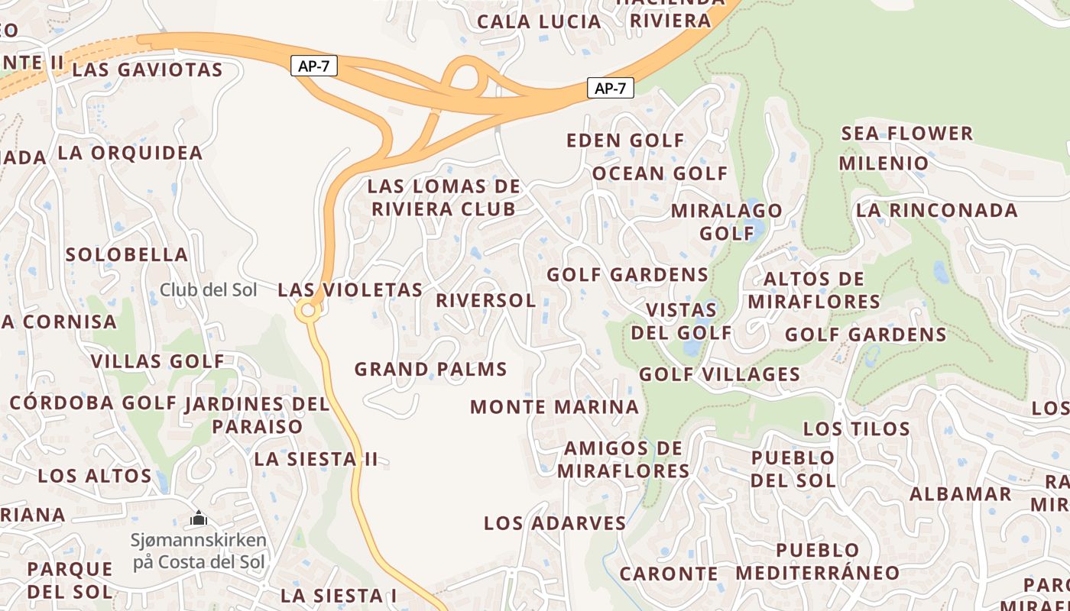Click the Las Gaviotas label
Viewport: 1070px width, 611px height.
click(x=147, y=70)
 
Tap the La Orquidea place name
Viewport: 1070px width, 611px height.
click(x=130, y=153)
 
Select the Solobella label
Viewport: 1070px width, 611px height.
click(x=127, y=254)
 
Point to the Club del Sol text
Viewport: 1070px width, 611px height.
click(x=208, y=290)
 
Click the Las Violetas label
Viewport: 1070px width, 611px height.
click(x=350, y=290)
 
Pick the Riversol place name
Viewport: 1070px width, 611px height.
click(x=485, y=300)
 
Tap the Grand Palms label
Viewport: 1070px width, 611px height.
click(x=430, y=370)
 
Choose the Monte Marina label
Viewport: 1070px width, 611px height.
click(x=554, y=407)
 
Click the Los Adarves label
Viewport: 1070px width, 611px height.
click(x=555, y=523)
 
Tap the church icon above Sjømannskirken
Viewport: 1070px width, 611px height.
click(x=199, y=519)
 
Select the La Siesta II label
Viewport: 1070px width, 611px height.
click(x=316, y=459)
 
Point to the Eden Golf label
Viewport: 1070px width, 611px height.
click(x=625, y=141)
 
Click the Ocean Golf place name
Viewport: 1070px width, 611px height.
click(x=660, y=173)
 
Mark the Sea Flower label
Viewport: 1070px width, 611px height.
click(x=906, y=134)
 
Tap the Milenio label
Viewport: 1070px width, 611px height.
click(x=884, y=163)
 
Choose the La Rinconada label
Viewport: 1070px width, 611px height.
click(x=937, y=210)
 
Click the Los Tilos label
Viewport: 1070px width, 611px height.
click(x=857, y=428)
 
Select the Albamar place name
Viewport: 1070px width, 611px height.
click(x=960, y=494)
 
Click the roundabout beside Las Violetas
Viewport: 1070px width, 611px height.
click(x=309, y=311)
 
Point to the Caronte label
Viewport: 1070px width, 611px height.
click(x=669, y=574)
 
